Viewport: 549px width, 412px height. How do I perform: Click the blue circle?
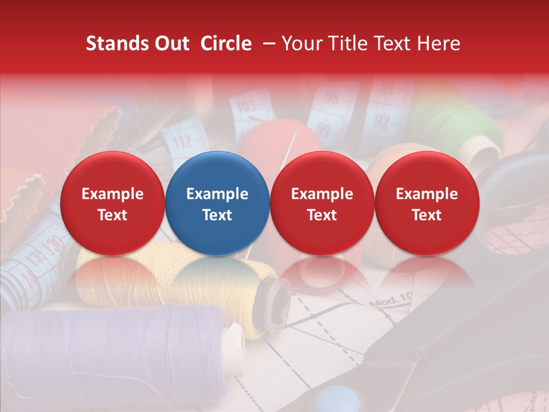[217, 203]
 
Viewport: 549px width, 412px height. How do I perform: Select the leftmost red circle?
[113, 203]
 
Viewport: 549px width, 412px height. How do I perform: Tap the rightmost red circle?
[427, 203]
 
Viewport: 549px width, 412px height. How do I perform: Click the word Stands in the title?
[118, 43]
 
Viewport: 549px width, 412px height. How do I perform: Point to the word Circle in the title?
[226, 43]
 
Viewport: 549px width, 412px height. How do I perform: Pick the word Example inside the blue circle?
[217, 194]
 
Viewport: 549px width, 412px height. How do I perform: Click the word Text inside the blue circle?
[217, 215]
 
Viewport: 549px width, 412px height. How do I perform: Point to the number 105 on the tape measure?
[246, 107]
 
